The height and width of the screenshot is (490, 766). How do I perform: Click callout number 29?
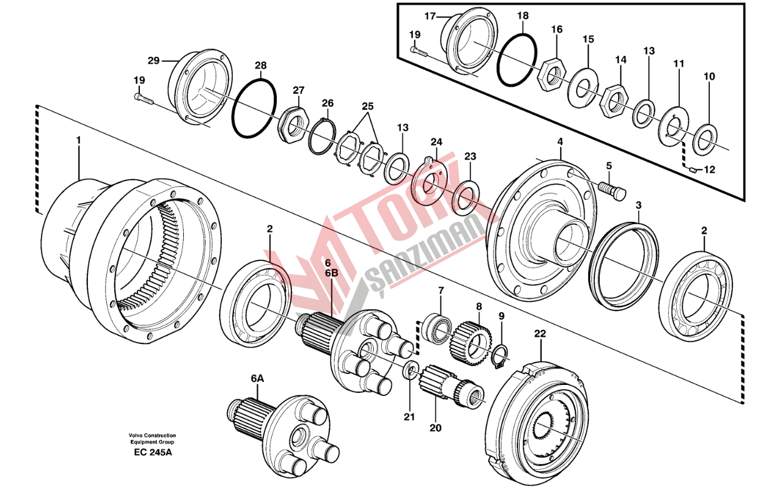153,60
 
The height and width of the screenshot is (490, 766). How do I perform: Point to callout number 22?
540,334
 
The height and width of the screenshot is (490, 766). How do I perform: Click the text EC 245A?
152,453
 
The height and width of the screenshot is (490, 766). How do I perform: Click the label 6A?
257,379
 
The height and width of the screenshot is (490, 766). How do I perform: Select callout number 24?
436,142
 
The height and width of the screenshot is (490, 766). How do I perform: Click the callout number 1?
78,140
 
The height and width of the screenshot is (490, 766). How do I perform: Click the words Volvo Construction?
152,435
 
